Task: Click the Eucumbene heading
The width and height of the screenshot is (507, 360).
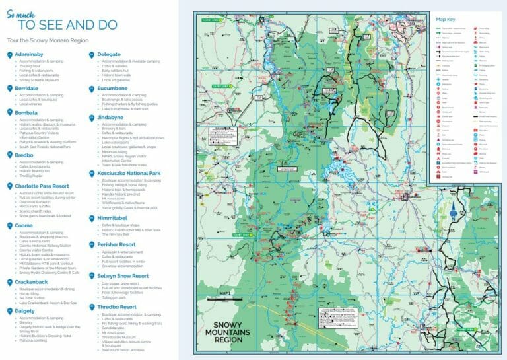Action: click(x=113, y=87)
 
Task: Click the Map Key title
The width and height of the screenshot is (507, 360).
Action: click(x=446, y=20)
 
